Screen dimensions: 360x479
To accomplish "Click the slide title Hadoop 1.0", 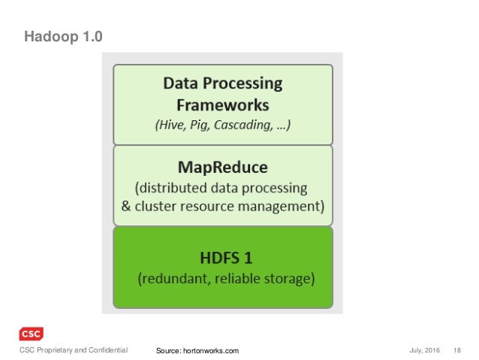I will pos(63,36).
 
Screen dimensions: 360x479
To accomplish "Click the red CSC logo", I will pos(31,334).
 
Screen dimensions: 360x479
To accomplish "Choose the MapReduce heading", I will pos(222,165).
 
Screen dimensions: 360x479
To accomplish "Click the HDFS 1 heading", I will pos(223,258).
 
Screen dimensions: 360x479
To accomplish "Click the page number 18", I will pos(457,350).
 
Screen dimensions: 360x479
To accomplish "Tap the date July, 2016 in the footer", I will pos(425,350).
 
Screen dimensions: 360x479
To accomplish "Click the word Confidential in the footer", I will pos(106,350).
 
